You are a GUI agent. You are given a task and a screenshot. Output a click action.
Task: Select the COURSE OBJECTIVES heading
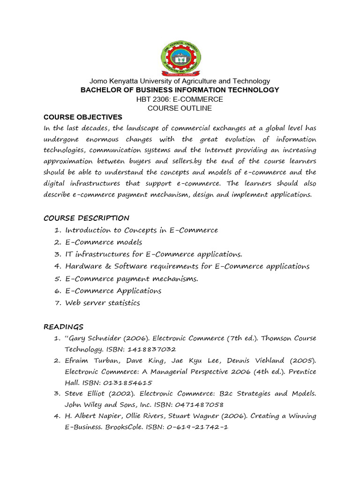(82, 117)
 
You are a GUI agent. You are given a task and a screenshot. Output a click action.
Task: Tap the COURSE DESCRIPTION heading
(86, 218)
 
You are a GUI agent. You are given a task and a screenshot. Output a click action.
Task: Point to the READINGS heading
(63, 327)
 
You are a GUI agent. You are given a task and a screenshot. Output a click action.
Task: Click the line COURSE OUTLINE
(180, 108)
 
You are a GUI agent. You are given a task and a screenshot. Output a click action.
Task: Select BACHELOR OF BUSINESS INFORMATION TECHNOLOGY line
(180, 90)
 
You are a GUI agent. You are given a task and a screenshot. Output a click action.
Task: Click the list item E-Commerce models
(104, 242)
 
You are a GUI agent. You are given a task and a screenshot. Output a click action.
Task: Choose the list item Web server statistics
(102, 303)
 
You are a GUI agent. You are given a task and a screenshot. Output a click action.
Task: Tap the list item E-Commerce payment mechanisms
(132, 278)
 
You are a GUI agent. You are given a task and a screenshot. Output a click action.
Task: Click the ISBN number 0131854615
(120, 382)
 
